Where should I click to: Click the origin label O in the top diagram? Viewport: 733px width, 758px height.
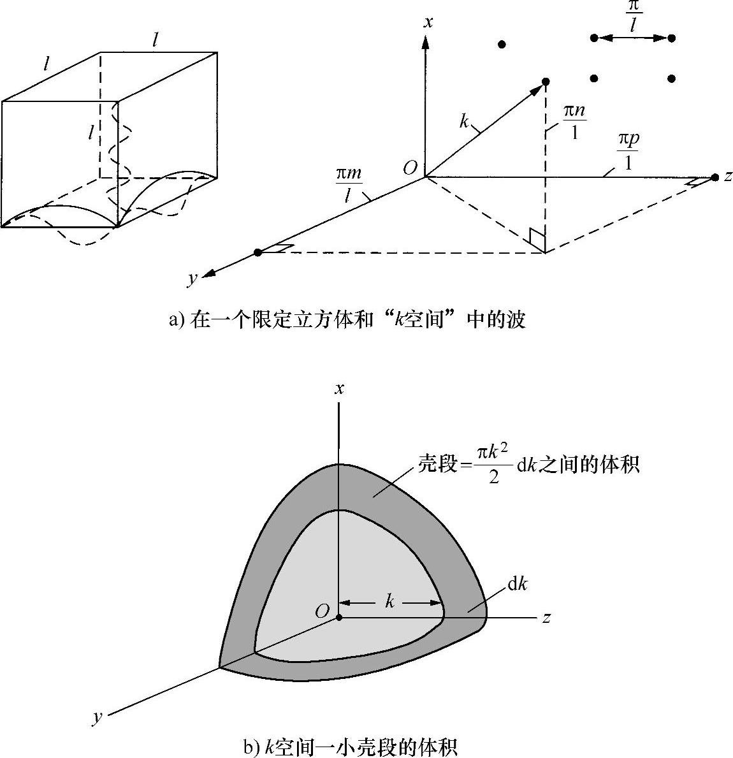coord(410,168)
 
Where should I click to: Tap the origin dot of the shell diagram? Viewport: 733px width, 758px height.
coord(339,617)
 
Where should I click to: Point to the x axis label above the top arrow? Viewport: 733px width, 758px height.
coord(428,23)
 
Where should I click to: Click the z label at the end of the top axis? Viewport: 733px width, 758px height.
coord(728,177)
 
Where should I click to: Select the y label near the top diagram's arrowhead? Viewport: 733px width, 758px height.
coord(191,278)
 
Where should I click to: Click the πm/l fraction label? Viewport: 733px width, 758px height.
coord(350,184)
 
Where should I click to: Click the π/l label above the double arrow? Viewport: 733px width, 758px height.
coord(634,17)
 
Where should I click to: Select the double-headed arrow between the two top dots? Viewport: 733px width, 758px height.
coord(633,38)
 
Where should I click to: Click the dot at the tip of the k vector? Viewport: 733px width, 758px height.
coord(546,82)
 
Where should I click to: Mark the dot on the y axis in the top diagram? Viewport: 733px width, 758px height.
coord(258,252)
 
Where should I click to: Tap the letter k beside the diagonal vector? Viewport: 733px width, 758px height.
coord(464,122)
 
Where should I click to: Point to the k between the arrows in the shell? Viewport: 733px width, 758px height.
coord(389,601)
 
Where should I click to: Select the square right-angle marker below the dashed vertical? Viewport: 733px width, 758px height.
coord(537,238)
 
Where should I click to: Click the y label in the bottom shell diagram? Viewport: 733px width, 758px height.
coord(97,718)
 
